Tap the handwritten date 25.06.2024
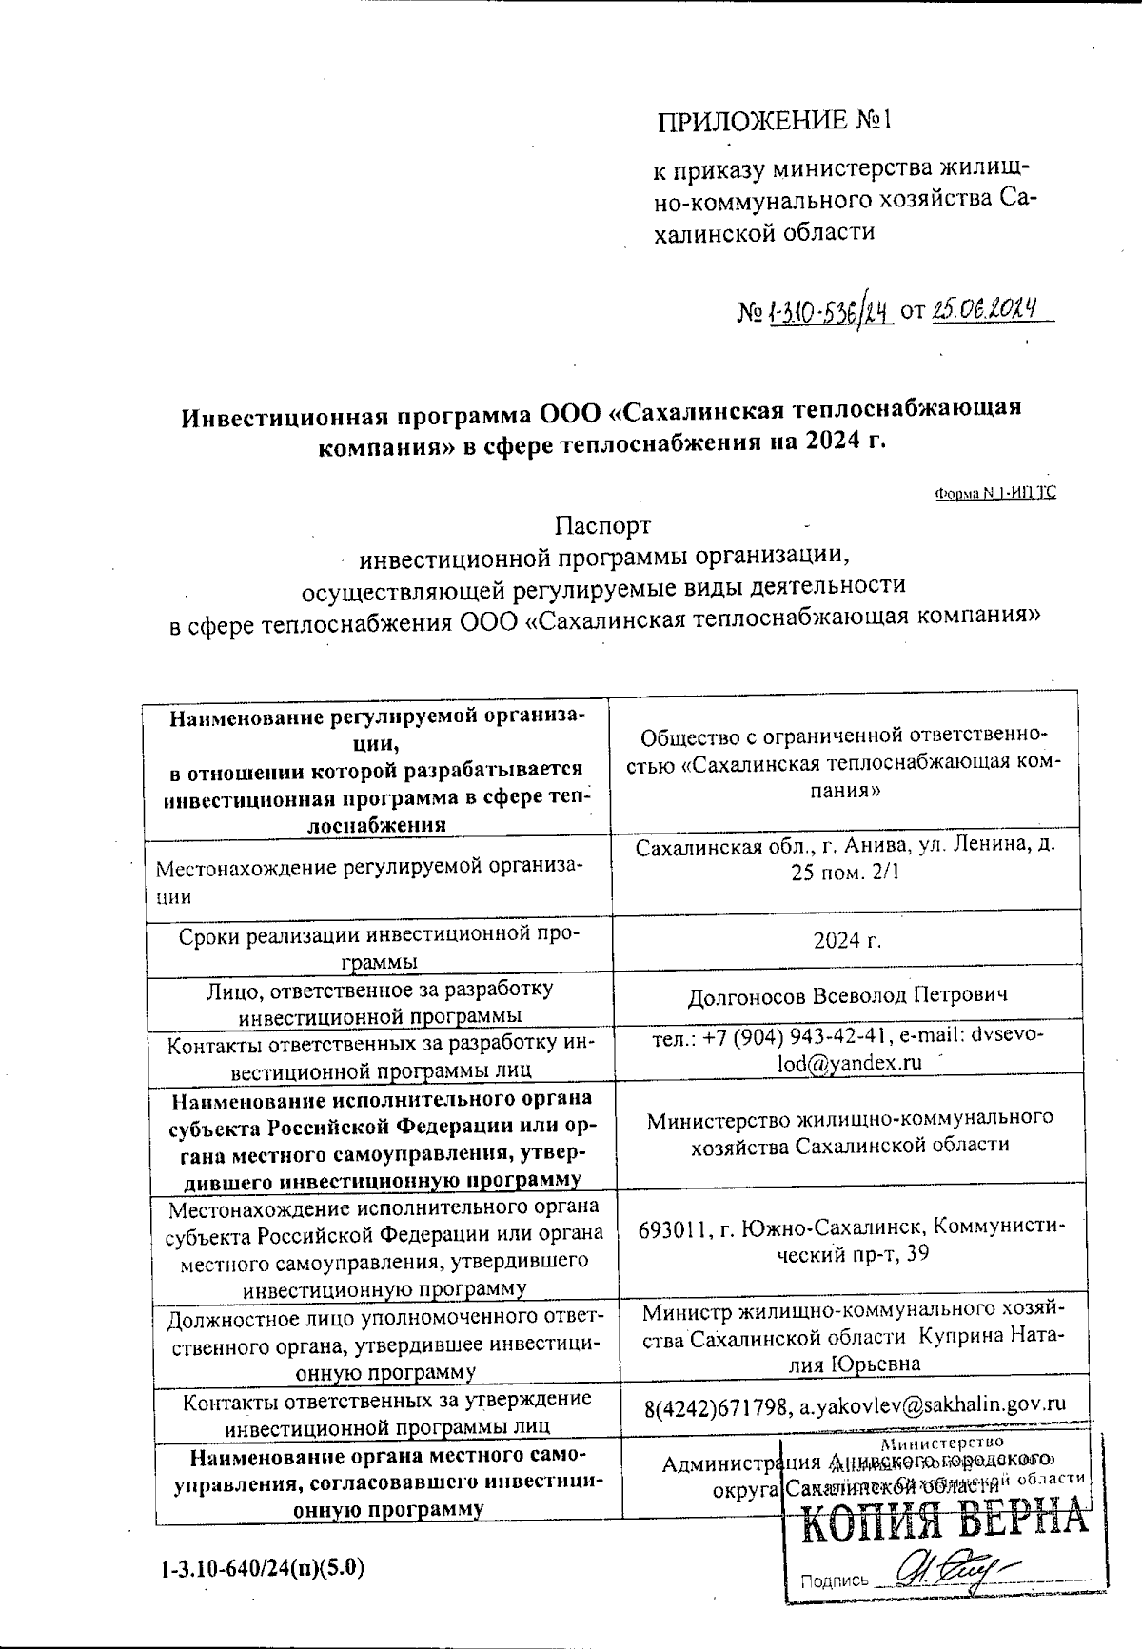985,308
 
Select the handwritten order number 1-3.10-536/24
826,310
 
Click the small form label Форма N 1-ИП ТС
994,493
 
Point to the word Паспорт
603,525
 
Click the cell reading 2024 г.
847,940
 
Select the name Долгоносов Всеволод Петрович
847,996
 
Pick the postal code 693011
674,1227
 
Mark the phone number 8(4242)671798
714,1404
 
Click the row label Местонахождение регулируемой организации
369,880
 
